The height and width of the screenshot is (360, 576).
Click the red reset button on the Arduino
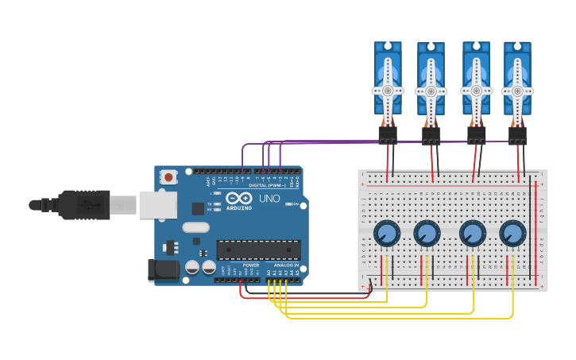168,176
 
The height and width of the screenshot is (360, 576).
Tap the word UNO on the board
269,198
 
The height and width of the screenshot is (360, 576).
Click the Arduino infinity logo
238,198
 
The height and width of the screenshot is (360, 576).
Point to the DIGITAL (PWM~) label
269,185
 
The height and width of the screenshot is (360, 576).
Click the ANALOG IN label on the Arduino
286,265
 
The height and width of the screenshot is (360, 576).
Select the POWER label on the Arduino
250,265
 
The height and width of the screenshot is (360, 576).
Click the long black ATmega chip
258,250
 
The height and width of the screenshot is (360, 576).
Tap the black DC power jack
164,269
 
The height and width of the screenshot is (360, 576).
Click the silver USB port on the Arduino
157,204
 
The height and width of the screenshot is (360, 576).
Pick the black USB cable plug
83,204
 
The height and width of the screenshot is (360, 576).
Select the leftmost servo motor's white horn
388,90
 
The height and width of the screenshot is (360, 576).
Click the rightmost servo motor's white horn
517,90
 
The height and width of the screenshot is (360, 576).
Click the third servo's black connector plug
476,135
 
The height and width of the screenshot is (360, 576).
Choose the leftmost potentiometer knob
387,234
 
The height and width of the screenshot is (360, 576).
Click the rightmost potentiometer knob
512,234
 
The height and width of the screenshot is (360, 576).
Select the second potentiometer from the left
427,234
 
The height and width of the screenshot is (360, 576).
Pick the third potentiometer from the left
473,234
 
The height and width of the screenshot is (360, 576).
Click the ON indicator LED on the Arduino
288,204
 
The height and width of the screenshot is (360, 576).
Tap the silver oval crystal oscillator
195,228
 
